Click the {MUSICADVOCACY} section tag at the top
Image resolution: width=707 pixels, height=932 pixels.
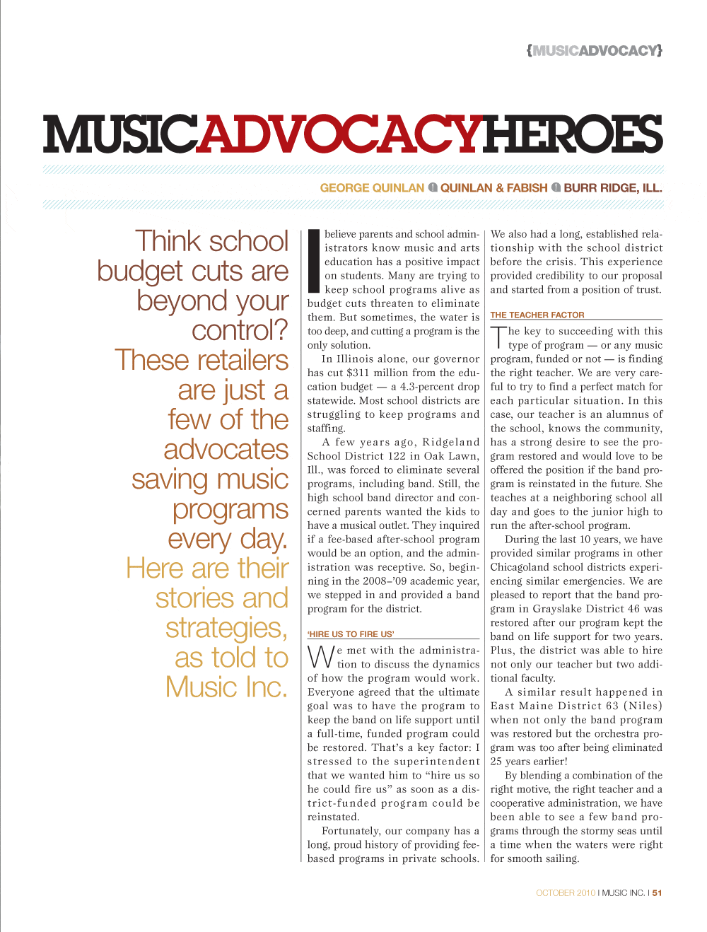click(x=594, y=50)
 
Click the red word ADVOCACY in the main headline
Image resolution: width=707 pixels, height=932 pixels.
click(x=339, y=134)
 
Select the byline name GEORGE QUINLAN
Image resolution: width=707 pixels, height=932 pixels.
click(x=372, y=188)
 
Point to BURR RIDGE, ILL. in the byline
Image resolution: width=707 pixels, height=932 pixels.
click(x=612, y=188)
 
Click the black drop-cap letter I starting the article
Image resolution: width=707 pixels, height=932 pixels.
click(x=315, y=261)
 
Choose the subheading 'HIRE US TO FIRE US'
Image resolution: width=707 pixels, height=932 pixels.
click(x=351, y=634)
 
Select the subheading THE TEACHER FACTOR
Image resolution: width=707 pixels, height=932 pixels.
click(x=537, y=315)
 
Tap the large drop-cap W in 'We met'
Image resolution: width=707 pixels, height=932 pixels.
click(x=320, y=657)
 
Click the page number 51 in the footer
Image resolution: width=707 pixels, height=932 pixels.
click(x=658, y=893)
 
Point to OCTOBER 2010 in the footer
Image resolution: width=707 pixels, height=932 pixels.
click(x=566, y=893)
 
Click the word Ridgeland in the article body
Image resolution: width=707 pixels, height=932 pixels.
click(x=451, y=442)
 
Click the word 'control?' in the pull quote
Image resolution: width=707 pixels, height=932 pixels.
click(x=240, y=330)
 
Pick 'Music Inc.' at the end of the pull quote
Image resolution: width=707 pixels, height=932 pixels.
click(x=226, y=687)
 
